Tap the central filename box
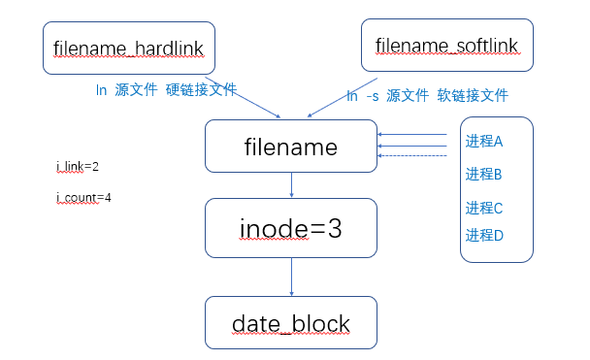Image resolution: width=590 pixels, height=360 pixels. [290, 147]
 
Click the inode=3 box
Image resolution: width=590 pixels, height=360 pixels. [290, 228]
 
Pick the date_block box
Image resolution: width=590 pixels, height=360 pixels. [290, 323]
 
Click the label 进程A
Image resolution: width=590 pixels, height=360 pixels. [483, 142]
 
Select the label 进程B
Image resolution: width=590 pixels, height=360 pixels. [483, 175]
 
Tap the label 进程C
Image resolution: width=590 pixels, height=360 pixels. [483, 208]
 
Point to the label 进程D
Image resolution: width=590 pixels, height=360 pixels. [483, 235]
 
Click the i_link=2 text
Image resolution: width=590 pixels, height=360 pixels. [78, 167]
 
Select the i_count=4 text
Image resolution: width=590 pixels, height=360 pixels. [82, 198]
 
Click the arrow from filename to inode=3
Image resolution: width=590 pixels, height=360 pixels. [291, 185]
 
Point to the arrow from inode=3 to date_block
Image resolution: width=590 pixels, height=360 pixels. [291, 277]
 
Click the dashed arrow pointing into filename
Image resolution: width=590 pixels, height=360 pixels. [412, 155]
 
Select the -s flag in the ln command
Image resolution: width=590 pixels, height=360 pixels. [372, 96]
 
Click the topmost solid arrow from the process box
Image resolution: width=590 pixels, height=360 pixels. [412, 135]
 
